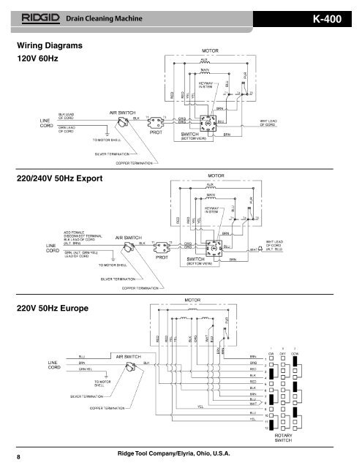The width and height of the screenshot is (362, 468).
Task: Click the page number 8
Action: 19,456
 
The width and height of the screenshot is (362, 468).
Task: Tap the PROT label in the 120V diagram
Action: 156,133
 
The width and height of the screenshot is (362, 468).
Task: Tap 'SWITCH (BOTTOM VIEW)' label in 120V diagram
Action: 195,136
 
